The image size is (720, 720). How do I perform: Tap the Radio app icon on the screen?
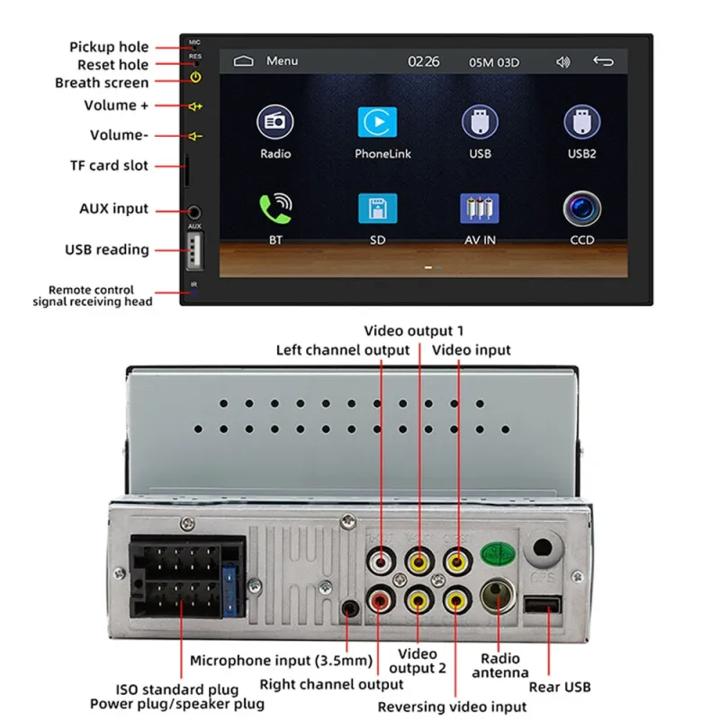click(x=274, y=122)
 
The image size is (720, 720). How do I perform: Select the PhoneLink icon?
click(x=377, y=122)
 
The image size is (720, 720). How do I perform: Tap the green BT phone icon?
click(x=274, y=209)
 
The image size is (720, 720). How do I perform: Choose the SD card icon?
click(x=377, y=209)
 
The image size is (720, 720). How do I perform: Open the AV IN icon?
click(x=479, y=209)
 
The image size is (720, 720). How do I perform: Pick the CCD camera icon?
click(x=581, y=209)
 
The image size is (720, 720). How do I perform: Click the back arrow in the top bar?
click(x=603, y=62)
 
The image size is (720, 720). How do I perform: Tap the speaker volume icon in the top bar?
click(x=563, y=62)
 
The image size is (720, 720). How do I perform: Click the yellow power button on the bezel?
click(x=195, y=77)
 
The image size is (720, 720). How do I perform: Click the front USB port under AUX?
click(x=194, y=251)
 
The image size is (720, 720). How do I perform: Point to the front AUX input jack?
click(x=194, y=211)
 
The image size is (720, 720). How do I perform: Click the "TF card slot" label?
click(x=109, y=166)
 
